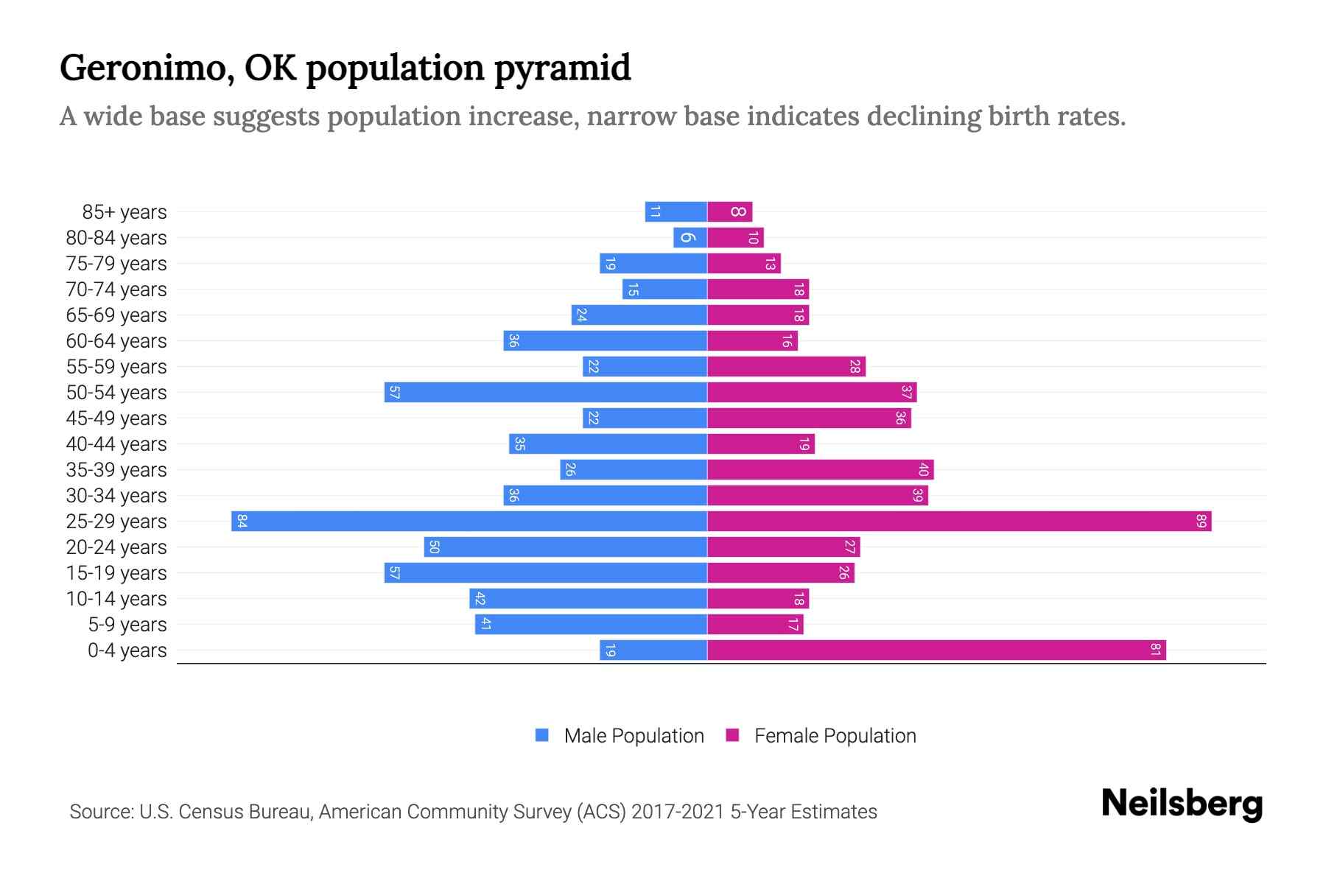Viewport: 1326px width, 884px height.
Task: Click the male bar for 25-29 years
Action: pyautogui.click(x=469, y=522)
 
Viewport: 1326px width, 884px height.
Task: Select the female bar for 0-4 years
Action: pyautogui.click(x=936, y=650)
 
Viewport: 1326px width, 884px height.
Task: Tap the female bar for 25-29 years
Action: pyautogui.click(x=959, y=522)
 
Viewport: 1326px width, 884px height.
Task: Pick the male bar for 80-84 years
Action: pyautogui.click(x=690, y=238)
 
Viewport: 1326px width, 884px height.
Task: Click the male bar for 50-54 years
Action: pyautogui.click(x=545, y=393)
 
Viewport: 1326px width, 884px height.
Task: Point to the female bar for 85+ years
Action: pyautogui.click(x=729, y=212)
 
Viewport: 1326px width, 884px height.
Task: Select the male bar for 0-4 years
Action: pyautogui.click(x=653, y=650)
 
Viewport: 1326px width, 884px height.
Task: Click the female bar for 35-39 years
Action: pyautogui.click(x=820, y=470)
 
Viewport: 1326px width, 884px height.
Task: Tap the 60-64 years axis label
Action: pyautogui.click(x=116, y=341)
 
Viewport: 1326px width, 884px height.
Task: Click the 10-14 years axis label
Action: pyautogui.click(x=116, y=599)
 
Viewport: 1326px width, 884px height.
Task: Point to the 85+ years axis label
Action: pyautogui.click(x=124, y=212)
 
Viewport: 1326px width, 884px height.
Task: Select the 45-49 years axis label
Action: pyautogui.click(x=116, y=418)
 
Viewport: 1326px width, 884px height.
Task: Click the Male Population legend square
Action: pyautogui.click(x=542, y=735)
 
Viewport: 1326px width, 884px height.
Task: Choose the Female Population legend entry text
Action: pyautogui.click(x=835, y=736)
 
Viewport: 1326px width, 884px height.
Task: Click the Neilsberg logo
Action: pyautogui.click(x=1182, y=804)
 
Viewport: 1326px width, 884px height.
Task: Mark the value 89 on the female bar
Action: pyautogui.click(x=1201, y=522)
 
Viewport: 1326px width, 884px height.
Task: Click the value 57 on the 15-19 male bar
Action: pyautogui.click(x=394, y=573)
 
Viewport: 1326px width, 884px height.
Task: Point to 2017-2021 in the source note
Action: pyautogui.click(x=677, y=812)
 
